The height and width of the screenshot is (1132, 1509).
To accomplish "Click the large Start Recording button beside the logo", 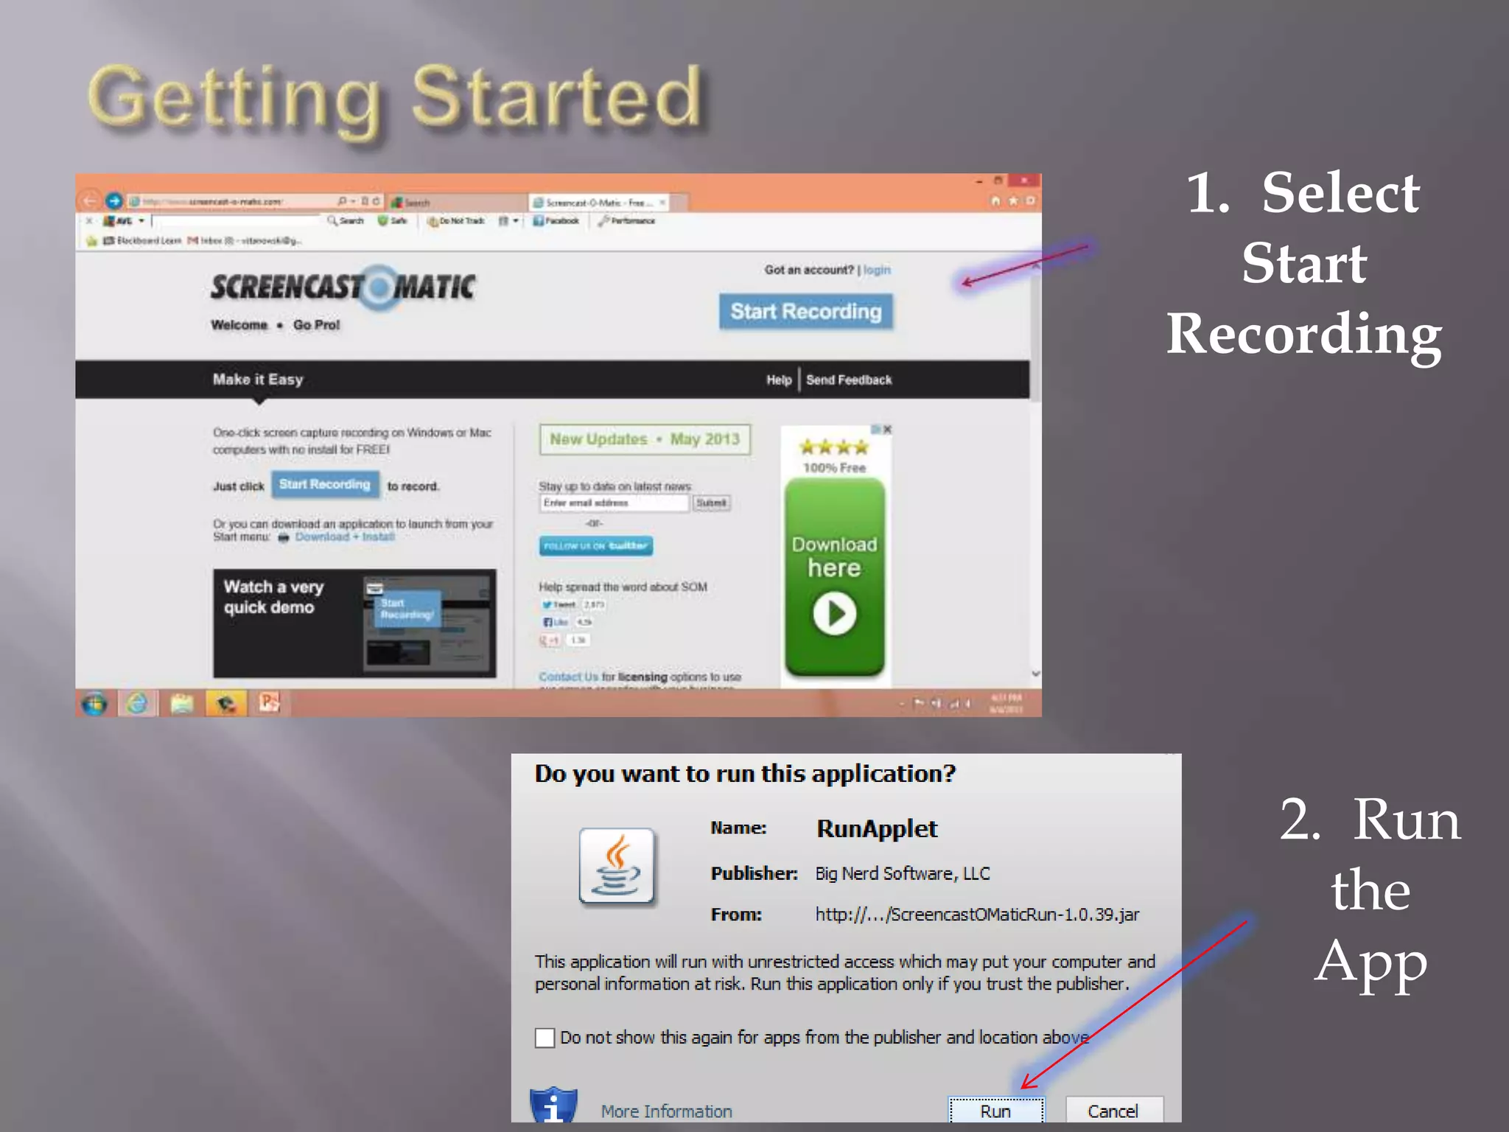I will pyautogui.click(x=805, y=312).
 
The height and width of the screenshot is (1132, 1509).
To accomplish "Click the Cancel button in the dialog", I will pyautogui.click(x=1113, y=1111).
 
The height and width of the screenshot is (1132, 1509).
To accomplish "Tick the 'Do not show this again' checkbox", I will pyautogui.click(x=545, y=1038).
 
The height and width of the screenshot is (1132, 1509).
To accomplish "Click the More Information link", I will pyautogui.click(x=666, y=1111).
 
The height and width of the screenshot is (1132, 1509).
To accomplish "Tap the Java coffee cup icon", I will pyautogui.click(x=617, y=866).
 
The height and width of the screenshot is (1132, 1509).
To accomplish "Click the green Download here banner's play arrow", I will pyautogui.click(x=834, y=613).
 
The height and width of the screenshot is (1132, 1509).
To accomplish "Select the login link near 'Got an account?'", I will pyautogui.click(x=877, y=270).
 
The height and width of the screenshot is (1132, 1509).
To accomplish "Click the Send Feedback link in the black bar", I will pyautogui.click(x=849, y=380).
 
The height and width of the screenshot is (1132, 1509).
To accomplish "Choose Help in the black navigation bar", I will pyautogui.click(x=778, y=380).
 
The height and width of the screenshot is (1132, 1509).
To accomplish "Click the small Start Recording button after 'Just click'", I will pyautogui.click(x=325, y=485).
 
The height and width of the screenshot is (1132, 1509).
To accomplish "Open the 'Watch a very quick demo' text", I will pyautogui.click(x=273, y=597).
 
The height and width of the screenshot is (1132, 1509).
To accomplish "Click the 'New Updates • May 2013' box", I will pyautogui.click(x=645, y=439).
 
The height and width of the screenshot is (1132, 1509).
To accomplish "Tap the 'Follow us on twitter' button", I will pyautogui.click(x=595, y=546).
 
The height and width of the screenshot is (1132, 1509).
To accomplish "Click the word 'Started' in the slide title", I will pyautogui.click(x=556, y=97).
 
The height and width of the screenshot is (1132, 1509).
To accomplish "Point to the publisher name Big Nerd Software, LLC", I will pyautogui.click(x=902, y=874).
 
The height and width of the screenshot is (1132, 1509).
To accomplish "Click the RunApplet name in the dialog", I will pyautogui.click(x=877, y=829).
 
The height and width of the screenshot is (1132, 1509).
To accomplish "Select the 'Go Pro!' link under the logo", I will pyautogui.click(x=316, y=325).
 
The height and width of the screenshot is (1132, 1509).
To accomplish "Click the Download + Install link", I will pyautogui.click(x=345, y=537).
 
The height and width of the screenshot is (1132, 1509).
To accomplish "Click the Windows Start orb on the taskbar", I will pyautogui.click(x=94, y=704).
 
